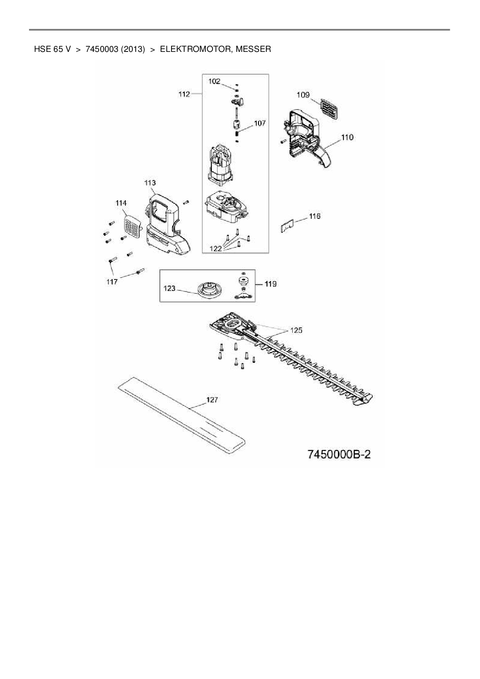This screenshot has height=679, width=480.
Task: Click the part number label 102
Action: (x=214, y=81)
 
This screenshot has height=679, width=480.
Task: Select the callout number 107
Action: (x=260, y=123)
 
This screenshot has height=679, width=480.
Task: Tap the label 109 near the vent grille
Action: (x=303, y=95)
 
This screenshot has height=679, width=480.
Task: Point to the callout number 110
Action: (x=347, y=137)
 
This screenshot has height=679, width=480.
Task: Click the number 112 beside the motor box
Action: (x=184, y=94)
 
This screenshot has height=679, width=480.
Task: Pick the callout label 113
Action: (x=150, y=183)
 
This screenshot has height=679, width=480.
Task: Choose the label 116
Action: (x=315, y=216)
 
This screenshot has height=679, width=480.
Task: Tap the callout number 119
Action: (x=271, y=284)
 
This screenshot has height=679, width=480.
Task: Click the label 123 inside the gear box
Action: (x=170, y=288)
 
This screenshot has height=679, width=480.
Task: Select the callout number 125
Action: (x=296, y=330)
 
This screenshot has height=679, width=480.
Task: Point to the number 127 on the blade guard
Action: (x=212, y=400)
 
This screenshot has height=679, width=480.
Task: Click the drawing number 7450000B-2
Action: (x=339, y=454)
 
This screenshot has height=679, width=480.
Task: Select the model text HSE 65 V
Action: (x=53, y=49)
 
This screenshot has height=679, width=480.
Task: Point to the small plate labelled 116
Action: (x=287, y=226)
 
